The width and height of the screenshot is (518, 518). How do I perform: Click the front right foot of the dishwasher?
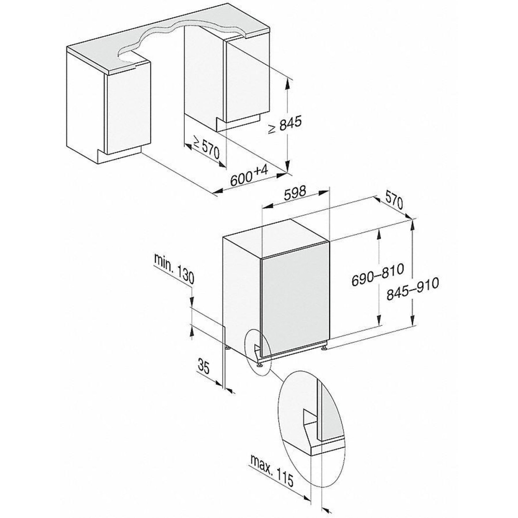coord(324,349)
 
